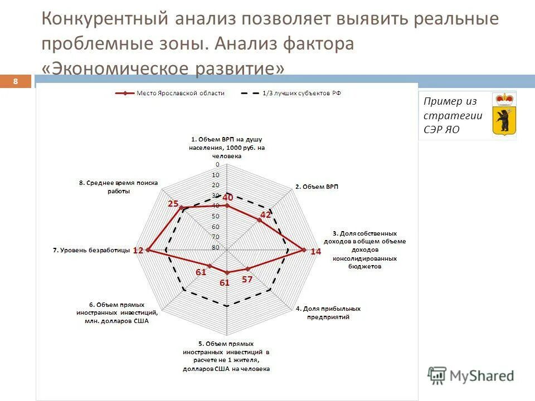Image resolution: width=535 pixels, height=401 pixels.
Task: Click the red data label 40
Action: pyautogui.click(x=227, y=197)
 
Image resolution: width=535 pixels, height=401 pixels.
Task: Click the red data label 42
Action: pyautogui.click(x=266, y=215)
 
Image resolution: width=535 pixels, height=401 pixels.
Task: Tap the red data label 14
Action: pyautogui.click(x=316, y=252)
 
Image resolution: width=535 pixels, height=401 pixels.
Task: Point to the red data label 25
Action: pyautogui.click(x=173, y=204)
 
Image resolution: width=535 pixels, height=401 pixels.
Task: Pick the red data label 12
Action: pyautogui.click(x=138, y=251)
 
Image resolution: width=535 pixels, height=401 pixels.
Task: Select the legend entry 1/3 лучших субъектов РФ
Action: pyautogui.click(x=301, y=94)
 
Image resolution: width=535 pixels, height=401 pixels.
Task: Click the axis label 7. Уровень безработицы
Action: pyautogui.click(x=91, y=251)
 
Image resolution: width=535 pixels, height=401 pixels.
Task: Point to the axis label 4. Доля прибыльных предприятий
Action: pyautogui.click(x=328, y=312)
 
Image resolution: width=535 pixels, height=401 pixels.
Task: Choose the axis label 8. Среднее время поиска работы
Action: pyautogui.click(x=119, y=187)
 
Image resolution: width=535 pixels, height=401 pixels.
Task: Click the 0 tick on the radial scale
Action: pyautogui.click(x=218, y=165)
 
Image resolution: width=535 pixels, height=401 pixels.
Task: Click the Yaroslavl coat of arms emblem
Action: pyautogui.click(x=504, y=114)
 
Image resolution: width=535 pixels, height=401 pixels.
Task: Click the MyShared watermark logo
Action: pyautogui.click(x=471, y=376)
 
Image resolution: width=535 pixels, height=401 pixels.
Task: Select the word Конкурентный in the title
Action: pyautogui.click(x=105, y=19)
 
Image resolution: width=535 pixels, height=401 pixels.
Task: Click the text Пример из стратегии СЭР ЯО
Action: pyautogui.click(x=453, y=116)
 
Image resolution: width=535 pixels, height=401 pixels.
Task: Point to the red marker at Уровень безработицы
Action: pyautogui.click(x=148, y=251)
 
